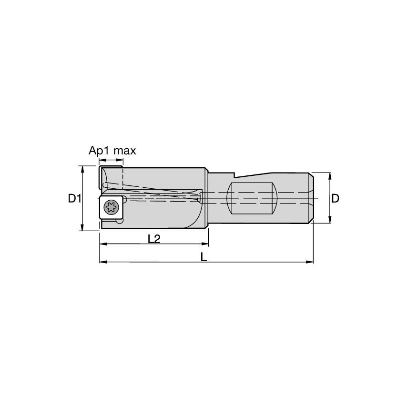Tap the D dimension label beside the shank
336,198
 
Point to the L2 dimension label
153,239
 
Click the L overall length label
204,257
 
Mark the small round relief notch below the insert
119,220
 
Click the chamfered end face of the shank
311,198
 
